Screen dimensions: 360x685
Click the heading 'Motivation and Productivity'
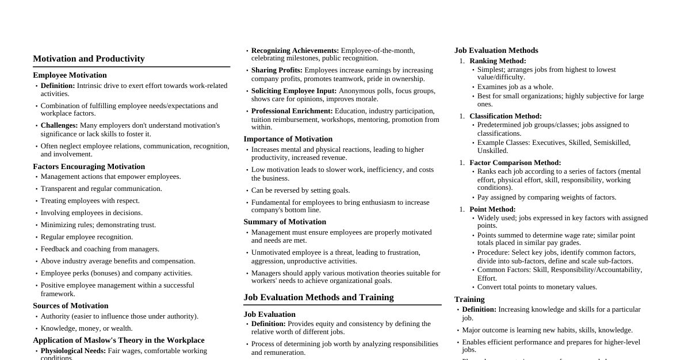click(x=89, y=59)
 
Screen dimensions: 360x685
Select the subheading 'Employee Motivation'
click(x=70, y=75)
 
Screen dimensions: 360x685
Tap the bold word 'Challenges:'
click(x=59, y=125)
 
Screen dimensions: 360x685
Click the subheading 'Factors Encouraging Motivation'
click(x=89, y=167)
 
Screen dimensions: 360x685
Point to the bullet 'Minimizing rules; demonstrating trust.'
click(x=98, y=225)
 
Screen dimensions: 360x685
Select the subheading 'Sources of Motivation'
click(x=70, y=306)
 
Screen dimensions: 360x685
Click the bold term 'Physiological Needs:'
click(x=73, y=351)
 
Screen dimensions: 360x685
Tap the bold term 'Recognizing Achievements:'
click(x=295, y=51)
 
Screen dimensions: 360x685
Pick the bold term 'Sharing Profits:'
click(x=277, y=70)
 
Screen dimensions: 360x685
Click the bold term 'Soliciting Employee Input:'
click(x=294, y=91)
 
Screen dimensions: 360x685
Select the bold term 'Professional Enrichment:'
click(x=292, y=111)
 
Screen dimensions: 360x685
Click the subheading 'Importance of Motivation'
click(x=288, y=139)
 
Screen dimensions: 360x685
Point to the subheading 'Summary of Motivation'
click(x=285, y=222)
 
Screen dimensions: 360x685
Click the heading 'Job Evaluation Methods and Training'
click(x=319, y=297)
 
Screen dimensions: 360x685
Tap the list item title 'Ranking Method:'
click(x=498, y=61)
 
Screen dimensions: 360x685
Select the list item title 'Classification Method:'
click(x=506, y=116)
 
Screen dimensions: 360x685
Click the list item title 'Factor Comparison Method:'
click(x=515, y=163)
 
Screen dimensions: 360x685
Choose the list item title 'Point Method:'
click(x=492, y=209)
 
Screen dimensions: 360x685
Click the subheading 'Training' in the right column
click(x=469, y=300)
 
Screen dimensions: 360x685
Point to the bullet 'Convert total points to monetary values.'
click(x=537, y=287)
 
